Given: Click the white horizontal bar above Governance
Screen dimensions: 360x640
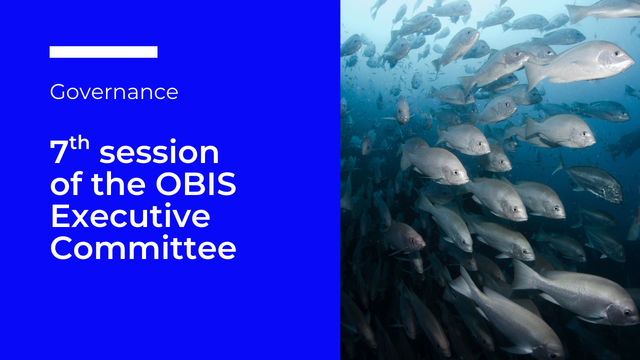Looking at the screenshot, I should pyautogui.click(x=103, y=52).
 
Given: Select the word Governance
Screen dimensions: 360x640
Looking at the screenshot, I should pyautogui.click(x=114, y=93).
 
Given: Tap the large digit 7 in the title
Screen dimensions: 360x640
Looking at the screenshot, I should pyautogui.click(x=59, y=154).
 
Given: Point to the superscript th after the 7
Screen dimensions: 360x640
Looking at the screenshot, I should pyautogui.click(x=80, y=145).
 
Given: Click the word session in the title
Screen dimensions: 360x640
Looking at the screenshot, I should pyautogui.click(x=159, y=154).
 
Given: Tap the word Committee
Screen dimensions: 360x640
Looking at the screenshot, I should pyautogui.click(x=143, y=248).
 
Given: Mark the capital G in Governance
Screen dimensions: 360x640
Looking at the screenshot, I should pyautogui.click(x=57, y=93).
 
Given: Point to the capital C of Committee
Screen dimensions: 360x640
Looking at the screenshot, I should pyautogui.click(x=62, y=248).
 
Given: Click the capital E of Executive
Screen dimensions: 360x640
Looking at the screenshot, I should pyautogui.click(x=60, y=217).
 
